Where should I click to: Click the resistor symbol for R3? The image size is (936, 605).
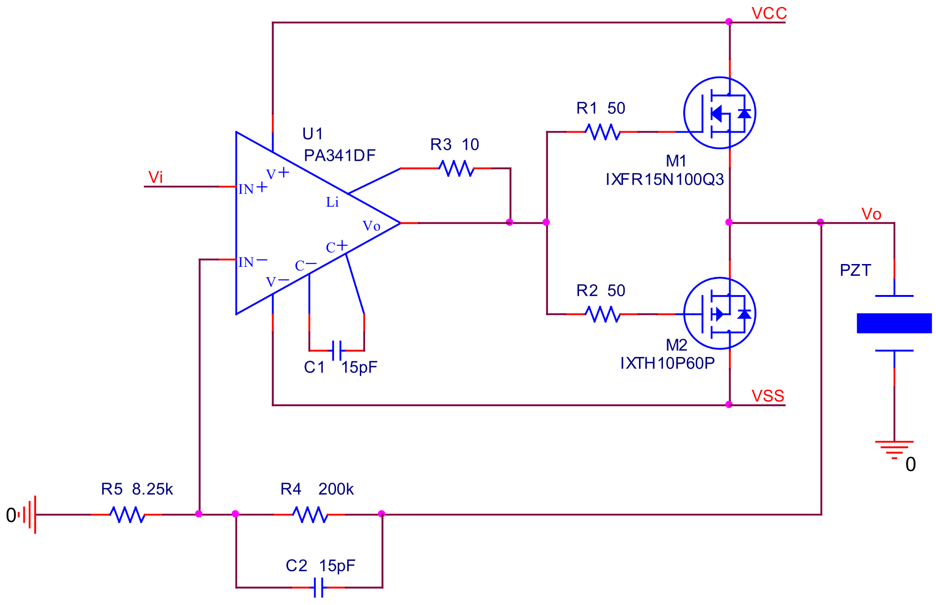(456, 168)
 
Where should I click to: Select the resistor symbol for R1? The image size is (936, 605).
(602, 132)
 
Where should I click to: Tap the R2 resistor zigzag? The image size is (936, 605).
(602, 314)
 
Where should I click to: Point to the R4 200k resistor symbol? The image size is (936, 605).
(310, 514)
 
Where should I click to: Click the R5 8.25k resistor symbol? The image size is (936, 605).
(127, 514)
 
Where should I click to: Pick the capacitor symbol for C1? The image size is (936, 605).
(336, 351)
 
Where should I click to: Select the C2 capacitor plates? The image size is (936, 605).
(319, 587)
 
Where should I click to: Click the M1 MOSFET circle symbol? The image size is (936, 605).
(719, 113)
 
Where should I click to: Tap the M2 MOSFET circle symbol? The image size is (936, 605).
(719, 313)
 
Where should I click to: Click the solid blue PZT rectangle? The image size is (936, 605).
(894, 323)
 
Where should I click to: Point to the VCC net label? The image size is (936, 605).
(769, 13)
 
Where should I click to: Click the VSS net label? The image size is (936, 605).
(768, 396)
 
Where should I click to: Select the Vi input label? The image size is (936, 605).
(155, 177)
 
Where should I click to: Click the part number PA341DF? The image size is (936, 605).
(340, 155)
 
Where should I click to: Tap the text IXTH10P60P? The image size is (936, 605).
(667, 363)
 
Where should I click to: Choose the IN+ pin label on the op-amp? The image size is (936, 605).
(252, 189)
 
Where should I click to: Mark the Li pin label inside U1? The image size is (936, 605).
(332, 202)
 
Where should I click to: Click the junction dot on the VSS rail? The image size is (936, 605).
(729, 405)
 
